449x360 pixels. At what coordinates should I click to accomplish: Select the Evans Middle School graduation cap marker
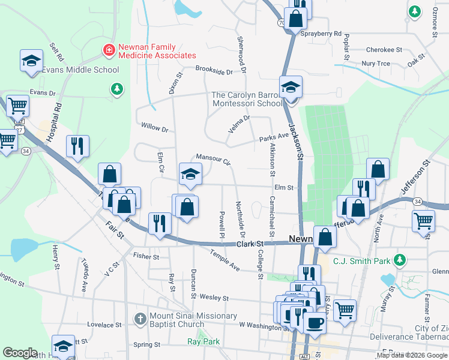tap(31, 61)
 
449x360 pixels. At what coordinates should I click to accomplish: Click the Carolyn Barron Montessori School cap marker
tap(291, 88)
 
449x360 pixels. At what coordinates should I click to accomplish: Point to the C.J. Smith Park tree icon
tap(397, 260)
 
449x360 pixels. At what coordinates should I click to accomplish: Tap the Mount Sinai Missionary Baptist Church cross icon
tap(139, 318)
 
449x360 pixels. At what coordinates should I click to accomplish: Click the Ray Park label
tap(203, 341)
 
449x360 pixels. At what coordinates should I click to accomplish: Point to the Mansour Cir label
tap(213, 158)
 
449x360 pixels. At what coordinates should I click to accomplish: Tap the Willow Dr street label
tap(154, 127)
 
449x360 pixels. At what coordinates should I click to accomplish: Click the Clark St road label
tap(250, 244)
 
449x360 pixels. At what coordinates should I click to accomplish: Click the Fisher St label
tap(146, 256)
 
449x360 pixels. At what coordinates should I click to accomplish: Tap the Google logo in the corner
tap(20, 353)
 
